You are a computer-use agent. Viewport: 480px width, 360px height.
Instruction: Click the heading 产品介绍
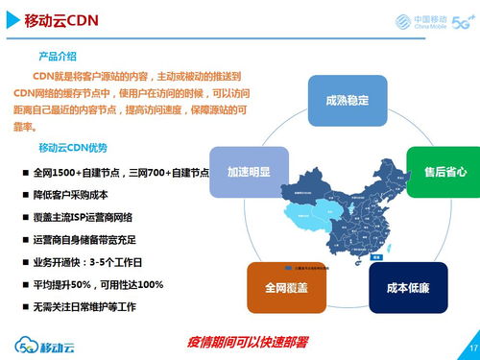[57, 57]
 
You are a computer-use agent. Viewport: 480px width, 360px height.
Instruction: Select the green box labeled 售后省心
[444, 171]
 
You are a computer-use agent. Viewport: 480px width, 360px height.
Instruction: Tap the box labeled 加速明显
[248, 172]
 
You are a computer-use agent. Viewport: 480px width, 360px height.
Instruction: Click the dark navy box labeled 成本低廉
[407, 287]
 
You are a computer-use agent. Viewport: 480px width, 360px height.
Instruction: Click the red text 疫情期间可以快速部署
[253, 341]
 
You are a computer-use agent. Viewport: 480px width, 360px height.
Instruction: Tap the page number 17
[471, 346]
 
